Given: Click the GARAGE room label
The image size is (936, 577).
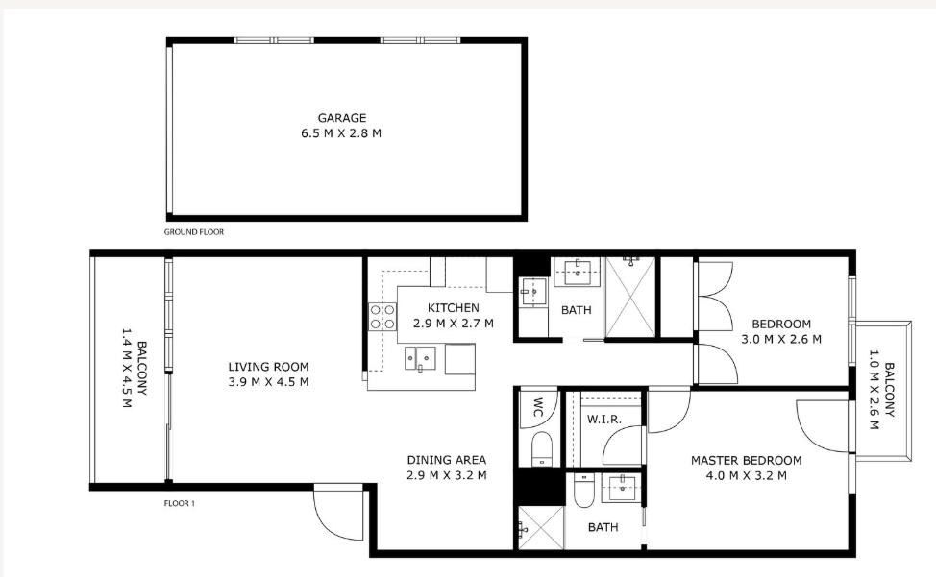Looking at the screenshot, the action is click(341, 118).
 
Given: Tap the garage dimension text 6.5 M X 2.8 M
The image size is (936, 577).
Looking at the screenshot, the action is click(341, 133).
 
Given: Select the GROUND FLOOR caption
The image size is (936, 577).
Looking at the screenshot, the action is click(194, 232).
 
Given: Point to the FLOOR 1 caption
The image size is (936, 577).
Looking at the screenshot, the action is click(179, 503).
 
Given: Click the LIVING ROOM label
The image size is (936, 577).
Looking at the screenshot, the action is click(269, 367).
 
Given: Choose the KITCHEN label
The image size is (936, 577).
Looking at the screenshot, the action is click(453, 307).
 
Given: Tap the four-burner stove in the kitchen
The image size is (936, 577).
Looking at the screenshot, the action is click(382, 317).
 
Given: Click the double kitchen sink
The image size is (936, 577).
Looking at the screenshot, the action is click(420, 358).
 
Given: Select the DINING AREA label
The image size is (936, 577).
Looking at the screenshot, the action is click(447, 460).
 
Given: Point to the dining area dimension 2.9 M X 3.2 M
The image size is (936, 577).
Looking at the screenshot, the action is click(447, 475).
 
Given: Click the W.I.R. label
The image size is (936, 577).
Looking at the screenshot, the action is click(604, 419).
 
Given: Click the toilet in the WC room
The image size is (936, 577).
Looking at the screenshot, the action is click(541, 448).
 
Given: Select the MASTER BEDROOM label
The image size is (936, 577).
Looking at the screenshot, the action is click(746, 460).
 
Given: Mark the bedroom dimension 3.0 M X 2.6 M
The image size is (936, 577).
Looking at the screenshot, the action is click(781, 339).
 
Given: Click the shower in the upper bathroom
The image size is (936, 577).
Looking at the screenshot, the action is click(630, 297).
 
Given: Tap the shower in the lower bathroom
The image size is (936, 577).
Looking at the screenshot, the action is click(540, 527).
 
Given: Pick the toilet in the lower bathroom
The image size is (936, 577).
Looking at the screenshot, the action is click(583, 490).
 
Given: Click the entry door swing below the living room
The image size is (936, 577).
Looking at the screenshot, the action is click(338, 513).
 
